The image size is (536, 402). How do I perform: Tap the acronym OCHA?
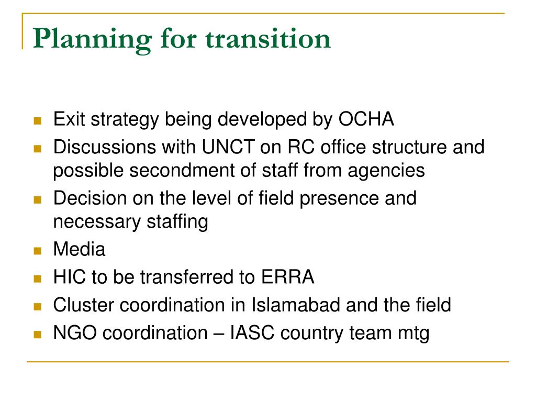[x=366, y=120]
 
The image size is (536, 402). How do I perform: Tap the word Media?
[x=79, y=250]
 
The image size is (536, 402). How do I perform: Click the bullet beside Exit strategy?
[x=37, y=121]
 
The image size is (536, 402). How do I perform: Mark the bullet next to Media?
[x=37, y=251]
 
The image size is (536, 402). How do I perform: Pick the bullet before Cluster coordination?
[x=37, y=306]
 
